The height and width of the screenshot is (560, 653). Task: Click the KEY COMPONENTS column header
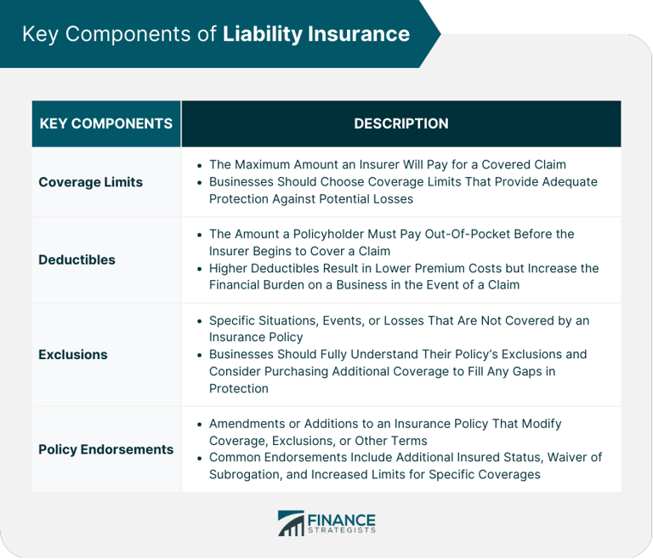(x=106, y=123)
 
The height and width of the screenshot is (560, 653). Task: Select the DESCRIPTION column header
(x=400, y=123)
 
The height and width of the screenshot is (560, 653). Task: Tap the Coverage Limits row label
(x=91, y=182)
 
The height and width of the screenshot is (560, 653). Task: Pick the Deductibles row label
(x=77, y=260)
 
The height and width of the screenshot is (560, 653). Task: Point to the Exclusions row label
(x=73, y=354)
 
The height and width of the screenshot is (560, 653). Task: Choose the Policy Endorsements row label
(x=105, y=449)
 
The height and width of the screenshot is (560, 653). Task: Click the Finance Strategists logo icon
(x=291, y=523)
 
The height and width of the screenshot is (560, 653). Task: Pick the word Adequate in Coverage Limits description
(x=563, y=181)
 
